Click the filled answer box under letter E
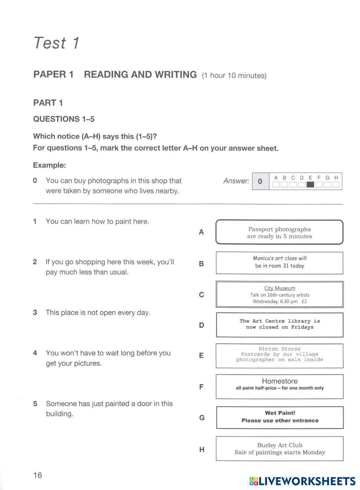310,185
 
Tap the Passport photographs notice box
279,232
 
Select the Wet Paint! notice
280,417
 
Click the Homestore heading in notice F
280,381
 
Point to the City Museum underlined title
280,288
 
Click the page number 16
37,475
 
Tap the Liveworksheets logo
302,481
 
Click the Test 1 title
56,43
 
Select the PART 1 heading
48,103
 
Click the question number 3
35,312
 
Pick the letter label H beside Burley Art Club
202,450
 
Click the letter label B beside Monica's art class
201,264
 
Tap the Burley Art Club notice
280,449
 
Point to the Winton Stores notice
280,355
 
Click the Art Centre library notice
280,324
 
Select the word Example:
50,165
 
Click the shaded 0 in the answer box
260,181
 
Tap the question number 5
35,404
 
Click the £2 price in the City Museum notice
304,302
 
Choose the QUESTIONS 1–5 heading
64,119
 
